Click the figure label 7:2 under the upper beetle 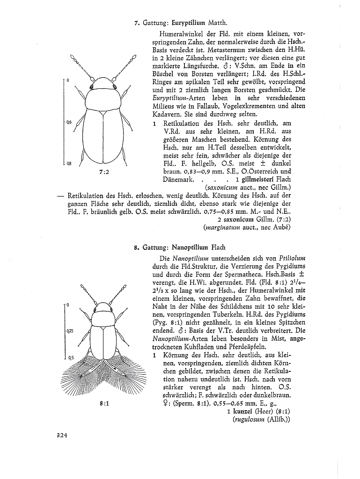[104, 172]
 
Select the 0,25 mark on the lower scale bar [70, 331]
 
